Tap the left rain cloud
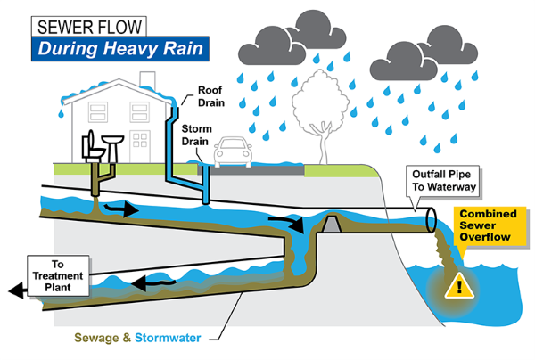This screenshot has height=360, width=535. coord(291,37)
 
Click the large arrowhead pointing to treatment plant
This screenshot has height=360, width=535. coord(12,290)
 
